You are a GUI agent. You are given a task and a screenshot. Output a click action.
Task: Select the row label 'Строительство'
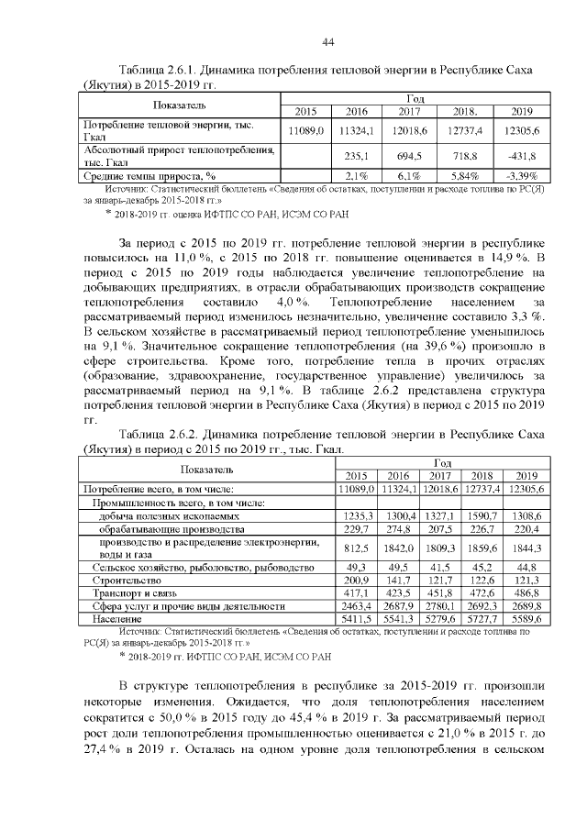coord(121,581)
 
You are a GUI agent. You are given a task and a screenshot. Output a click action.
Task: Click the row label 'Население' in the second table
coord(110,620)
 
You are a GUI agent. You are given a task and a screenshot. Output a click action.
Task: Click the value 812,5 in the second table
coord(357,548)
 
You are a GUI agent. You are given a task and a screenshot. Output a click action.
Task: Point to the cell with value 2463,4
coord(357,606)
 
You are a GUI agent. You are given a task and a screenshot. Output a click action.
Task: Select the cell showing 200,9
coord(357,581)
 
